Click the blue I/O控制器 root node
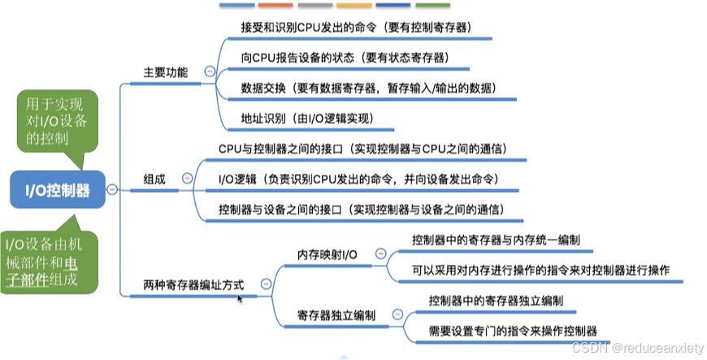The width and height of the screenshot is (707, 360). click(x=57, y=189)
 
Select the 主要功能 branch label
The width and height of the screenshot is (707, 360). click(x=166, y=72)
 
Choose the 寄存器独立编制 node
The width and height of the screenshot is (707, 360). click(x=336, y=314)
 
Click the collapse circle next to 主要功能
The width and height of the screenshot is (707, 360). click(x=210, y=72)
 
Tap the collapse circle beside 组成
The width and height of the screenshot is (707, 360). click(x=188, y=178)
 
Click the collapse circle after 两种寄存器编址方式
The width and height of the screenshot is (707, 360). click(x=265, y=284)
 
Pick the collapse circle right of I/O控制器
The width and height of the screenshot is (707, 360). click(x=112, y=189)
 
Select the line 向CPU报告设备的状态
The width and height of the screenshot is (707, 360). click(x=345, y=58)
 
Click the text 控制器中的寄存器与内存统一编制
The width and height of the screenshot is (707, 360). click(x=496, y=241)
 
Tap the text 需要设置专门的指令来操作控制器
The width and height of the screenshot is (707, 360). click(x=513, y=331)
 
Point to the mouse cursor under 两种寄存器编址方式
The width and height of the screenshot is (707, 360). click(x=240, y=299)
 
